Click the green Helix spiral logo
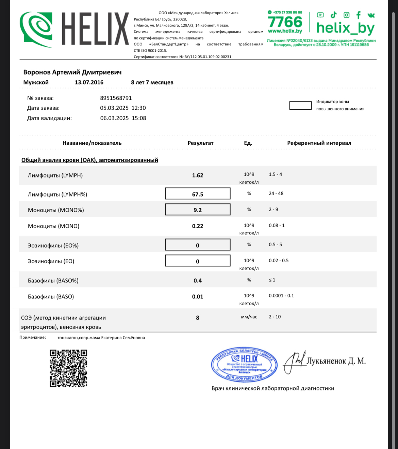(x=36, y=29)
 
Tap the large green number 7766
(x=285, y=22)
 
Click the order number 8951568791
(x=116, y=98)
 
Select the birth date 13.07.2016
(x=89, y=82)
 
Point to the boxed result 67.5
(x=198, y=194)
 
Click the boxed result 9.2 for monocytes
(x=198, y=210)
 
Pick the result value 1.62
(x=198, y=175)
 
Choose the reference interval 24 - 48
(x=276, y=193)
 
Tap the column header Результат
(x=200, y=143)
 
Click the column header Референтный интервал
(x=319, y=143)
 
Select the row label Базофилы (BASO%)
(x=53, y=281)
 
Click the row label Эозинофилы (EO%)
(x=53, y=246)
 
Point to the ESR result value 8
(x=198, y=318)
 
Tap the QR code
(x=68, y=368)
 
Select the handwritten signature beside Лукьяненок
(x=294, y=362)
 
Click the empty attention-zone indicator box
(x=300, y=106)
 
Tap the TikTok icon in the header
(x=333, y=15)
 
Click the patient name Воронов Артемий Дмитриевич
(x=72, y=72)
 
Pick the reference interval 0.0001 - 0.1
(x=281, y=296)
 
